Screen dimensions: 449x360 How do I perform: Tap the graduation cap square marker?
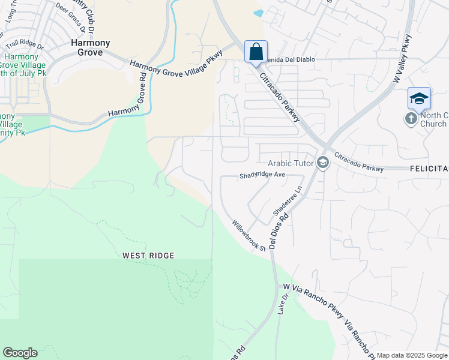click(419, 98)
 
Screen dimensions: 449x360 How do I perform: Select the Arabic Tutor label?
click(288, 163)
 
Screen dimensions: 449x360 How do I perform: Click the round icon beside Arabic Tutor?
click(323, 163)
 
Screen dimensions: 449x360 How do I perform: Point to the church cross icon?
click(411, 118)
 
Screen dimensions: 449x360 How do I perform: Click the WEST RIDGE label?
click(148, 256)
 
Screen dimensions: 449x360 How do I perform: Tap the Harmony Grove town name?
click(91, 47)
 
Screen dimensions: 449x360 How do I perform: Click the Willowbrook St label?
click(250, 236)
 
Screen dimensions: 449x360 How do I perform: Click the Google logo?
click(20, 353)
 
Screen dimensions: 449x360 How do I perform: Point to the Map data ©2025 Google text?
click(411, 355)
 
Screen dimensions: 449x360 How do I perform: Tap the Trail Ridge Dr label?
click(25, 45)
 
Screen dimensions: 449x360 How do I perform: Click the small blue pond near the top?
click(259, 13)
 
